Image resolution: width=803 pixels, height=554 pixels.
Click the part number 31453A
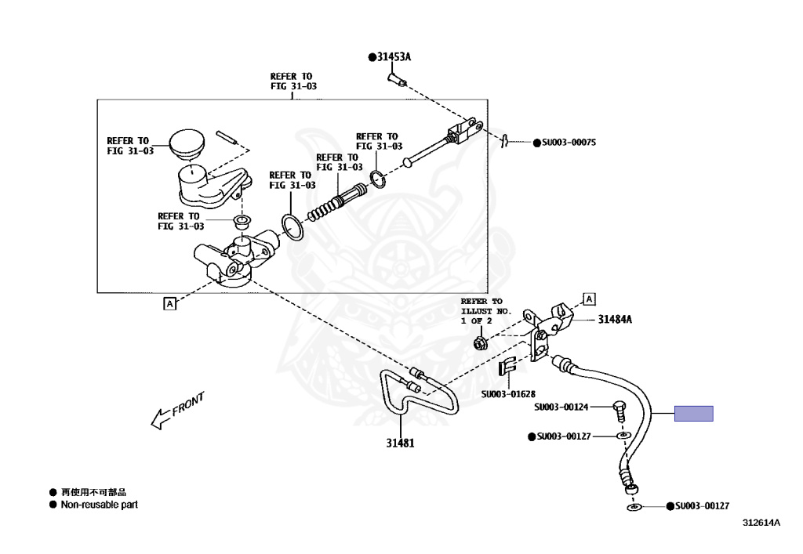pyautogui.click(x=393, y=56)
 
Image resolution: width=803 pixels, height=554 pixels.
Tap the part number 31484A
pyautogui.click(x=615, y=320)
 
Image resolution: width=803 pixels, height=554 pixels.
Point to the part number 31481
pyautogui.click(x=400, y=443)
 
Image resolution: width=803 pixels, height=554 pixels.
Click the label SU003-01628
pyautogui.click(x=508, y=393)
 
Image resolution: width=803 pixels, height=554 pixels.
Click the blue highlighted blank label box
pyautogui.click(x=694, y=413)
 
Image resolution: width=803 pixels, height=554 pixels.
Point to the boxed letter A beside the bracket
pyautogui.click(x=589, y=299)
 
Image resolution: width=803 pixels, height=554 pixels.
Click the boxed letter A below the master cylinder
pyautogui.click(x=169, y=303)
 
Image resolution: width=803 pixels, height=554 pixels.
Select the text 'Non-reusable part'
pyautogui.click(x=100, y=505)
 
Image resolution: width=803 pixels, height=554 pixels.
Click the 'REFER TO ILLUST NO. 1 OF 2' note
pyautogui.click(x=485, y=310)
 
